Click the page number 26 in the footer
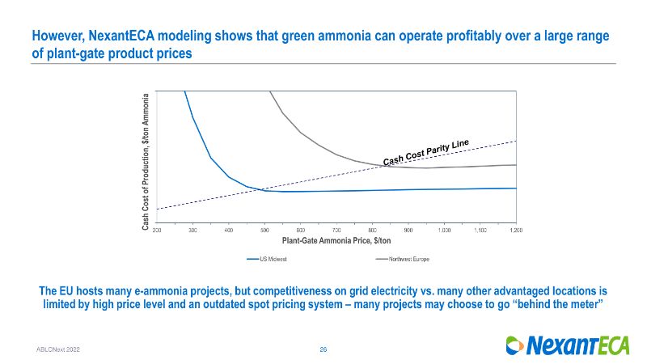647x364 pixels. (x=323, y=349)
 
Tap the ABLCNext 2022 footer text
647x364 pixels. (x=57, y=349)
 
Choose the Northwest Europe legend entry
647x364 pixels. (x=400, y=259)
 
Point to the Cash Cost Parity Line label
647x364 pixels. (x=425, y=150)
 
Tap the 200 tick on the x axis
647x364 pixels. (x=157, y=231)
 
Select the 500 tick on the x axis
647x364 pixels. (x=264, y=231)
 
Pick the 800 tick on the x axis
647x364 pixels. (x=373, y=231)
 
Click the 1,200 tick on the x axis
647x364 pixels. (x=516, y=231)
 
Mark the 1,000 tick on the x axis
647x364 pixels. (x=444, y=231)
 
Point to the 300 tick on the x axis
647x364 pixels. (x=192, y=231)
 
